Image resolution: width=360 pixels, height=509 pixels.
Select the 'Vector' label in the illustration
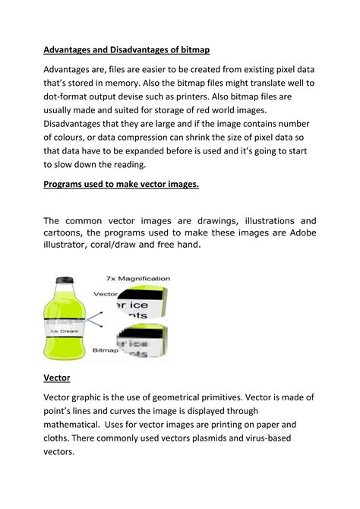pos(104,292)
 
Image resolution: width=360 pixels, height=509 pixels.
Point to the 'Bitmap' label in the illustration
pos(105,352)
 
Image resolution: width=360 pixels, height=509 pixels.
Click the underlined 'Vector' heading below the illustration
pos(57,377)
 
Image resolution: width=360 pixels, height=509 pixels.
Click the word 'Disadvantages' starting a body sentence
pos(80,125)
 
